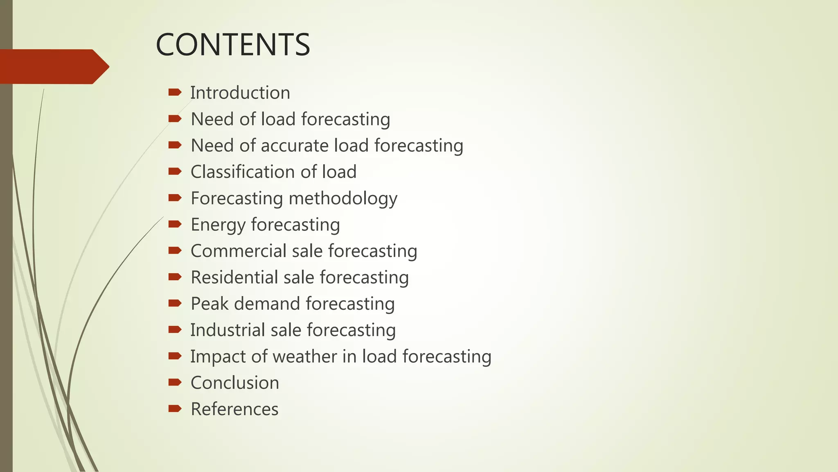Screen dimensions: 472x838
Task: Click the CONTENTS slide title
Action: [x=233, y=45]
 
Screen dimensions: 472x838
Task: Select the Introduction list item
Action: [x=240, y=93]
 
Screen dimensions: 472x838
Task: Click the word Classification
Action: [x=243, y=172]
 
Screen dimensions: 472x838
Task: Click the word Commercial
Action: [x=239, y=251]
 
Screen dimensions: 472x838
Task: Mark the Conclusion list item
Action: [x=235, y=383]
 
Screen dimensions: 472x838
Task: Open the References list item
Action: [x=234, y=409]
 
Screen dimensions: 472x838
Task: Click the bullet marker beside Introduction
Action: [x=175, y=92]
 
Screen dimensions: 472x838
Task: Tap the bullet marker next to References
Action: [x=175, y=408]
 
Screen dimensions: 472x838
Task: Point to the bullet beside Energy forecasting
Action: [x=175, y=224]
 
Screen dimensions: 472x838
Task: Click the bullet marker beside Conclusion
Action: [x=175, y=382]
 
